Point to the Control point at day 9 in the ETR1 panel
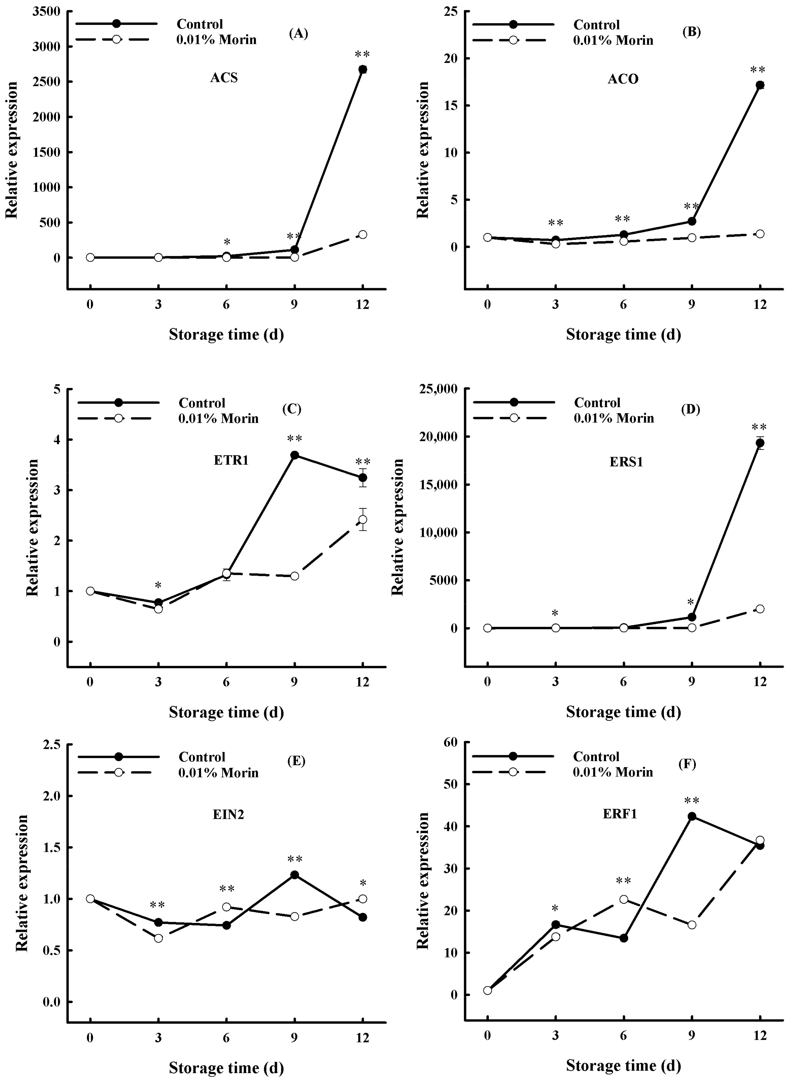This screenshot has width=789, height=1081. (295, 455)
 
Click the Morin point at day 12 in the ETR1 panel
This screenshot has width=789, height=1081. (363, 519)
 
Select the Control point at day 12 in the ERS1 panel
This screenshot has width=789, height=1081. (760, 443)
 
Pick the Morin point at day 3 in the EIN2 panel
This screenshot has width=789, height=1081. (159, 938)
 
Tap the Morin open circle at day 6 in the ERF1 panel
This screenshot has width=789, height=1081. (624, 900)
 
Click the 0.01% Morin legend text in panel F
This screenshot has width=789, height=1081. (613, 772)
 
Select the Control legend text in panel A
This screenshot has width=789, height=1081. (200, 24)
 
